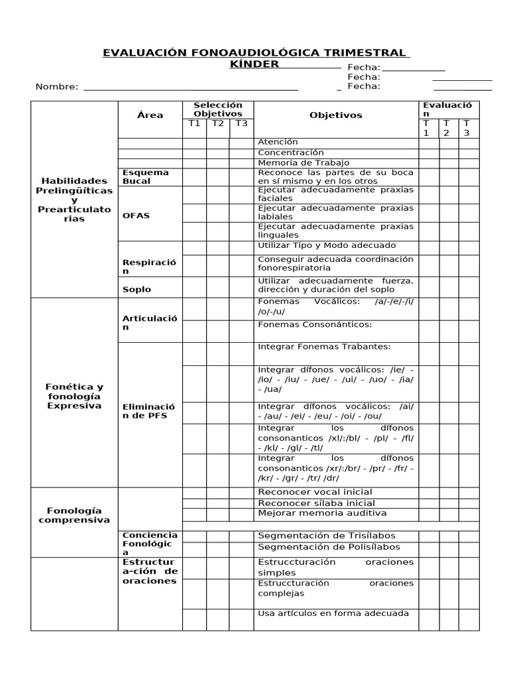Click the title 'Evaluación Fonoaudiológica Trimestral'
(254, 52)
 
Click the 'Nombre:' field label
(57, 86)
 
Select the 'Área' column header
(150, 115)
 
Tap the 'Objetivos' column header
(335, 115)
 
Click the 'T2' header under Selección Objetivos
(217, 123)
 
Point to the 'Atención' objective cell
(278, 142)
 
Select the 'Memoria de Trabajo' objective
(303, 162)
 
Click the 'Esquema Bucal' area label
(146, 176)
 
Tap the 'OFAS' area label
(136, 216)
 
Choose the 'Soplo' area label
(137, 289)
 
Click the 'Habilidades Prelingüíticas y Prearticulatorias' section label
(74, 200)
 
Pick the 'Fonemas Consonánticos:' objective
(314, 324)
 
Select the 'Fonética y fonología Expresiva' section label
(74, 396)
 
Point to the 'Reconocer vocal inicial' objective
(314, 492)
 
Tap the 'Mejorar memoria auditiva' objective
(321, 513)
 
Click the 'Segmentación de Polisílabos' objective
(329, 547)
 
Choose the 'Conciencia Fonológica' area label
(150, 543)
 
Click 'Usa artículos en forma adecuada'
(333, 613)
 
